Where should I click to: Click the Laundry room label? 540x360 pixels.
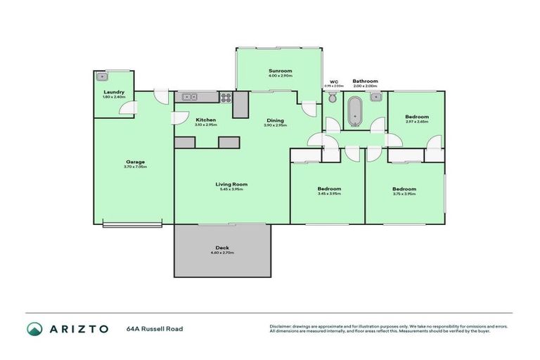[x=114, y=92]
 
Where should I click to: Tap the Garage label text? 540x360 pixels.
[x=134, y=162]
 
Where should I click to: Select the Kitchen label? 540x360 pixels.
[x=205, y=120]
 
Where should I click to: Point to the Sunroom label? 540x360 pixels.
[x=280, y=71]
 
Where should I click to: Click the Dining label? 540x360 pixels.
[x=275, y=120]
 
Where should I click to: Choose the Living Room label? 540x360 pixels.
[x=231, y=184]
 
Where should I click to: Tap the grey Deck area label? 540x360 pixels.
[x=222, y=247]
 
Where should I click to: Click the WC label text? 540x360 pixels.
[x=334, y=82]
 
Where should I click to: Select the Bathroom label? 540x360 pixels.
[x=365, y=81]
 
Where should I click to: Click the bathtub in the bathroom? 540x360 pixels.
[x=354, y=111]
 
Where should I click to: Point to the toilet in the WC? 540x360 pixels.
[x=333, y=99]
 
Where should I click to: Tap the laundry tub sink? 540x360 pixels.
[x=103, y=77]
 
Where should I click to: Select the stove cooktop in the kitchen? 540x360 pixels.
[x=226, y=97]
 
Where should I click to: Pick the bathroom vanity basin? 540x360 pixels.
[x=375, y=96]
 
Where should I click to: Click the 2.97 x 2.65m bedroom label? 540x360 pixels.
[x=416, y=117]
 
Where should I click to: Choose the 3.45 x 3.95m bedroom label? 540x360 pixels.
[x=328, y=188]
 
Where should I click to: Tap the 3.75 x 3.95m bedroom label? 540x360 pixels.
[x=404, y=188]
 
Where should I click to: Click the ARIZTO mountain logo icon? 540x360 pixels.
[x=34, y=328]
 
